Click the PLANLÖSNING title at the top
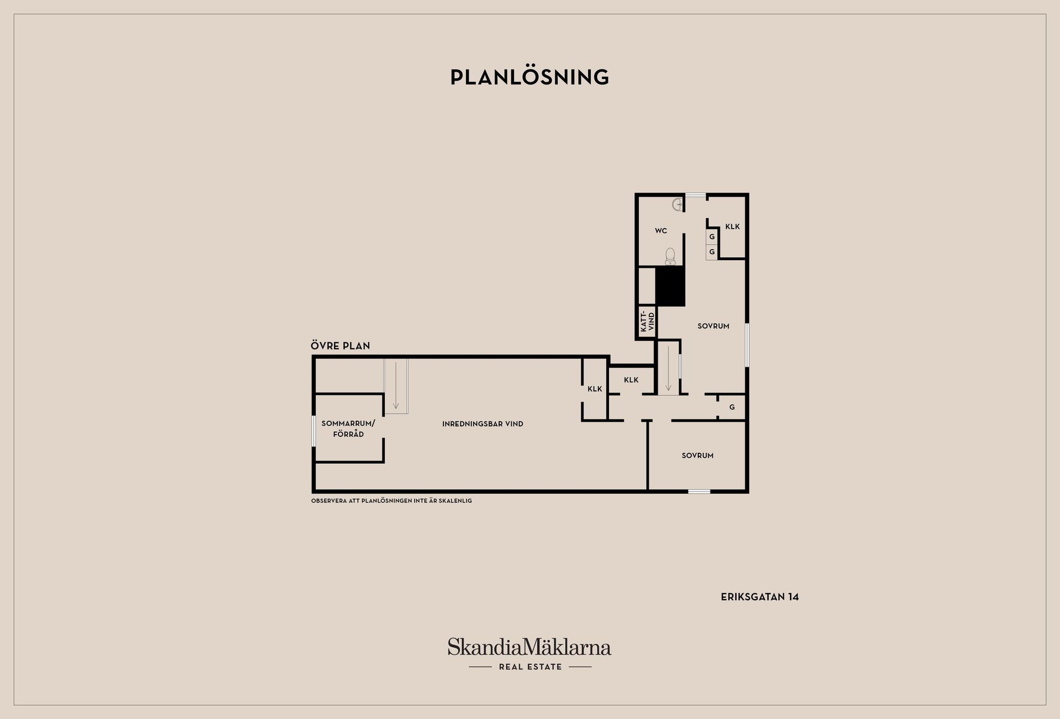tap(529, 77)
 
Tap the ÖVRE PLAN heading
tap(340, 346)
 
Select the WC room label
tap(661, 231)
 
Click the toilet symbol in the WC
tap(670, 256)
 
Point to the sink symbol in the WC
tap(678, 204)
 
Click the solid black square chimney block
tap(670, 286)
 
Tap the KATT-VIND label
tap(647, 321)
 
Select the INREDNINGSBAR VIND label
tap(483, 424)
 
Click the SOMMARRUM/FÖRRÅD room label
tap(348, 429)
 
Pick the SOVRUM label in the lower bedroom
tap(697, 456)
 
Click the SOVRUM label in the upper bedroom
tap(713, 326)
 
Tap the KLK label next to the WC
tap(733, 226)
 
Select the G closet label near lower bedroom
tap(732, 408)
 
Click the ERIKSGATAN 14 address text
tap(760, 597)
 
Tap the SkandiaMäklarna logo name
tap(529, 647)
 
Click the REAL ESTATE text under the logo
tap(530, 667)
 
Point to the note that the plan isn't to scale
tap(391, 501)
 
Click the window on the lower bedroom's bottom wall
tap(699, 491)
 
